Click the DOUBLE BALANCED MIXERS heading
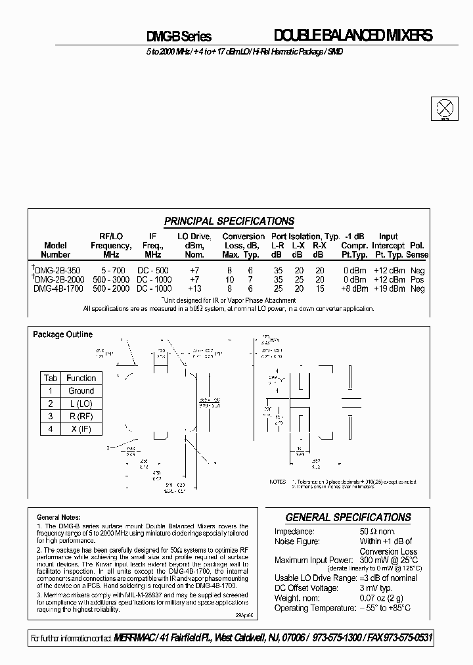352,36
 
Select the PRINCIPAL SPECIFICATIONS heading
229,221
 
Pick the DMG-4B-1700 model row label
58,288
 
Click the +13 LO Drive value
194,288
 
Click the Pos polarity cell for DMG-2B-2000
417,279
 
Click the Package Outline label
63,334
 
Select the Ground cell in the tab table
81,390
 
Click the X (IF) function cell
81,429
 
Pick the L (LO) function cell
81,403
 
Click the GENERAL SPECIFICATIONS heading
348,517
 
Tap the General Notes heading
58,517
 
